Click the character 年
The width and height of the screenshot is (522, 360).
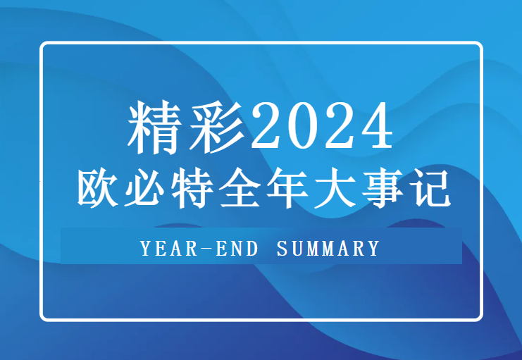coord(286,187)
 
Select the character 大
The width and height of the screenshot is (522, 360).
coord(333,187)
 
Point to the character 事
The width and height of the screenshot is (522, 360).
coord(380,187)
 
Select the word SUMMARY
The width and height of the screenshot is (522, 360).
coord(328,248)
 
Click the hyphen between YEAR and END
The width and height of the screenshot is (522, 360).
coord(204,248)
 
